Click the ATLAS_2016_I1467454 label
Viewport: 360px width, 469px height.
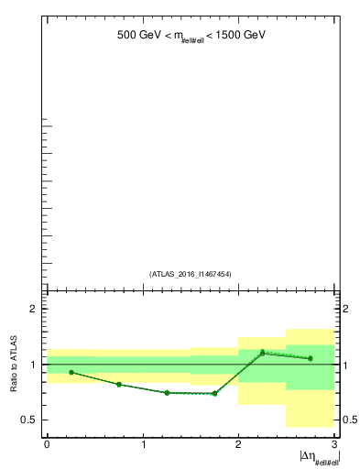pyautogui.click(x=191, y=274)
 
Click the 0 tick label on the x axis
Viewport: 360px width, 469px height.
pyautogui.click(x=47, y=445)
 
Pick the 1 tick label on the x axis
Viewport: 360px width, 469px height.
pyautogui.click(x=143, y=445)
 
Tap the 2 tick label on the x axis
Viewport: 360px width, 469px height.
pyautogui.click(x=238, y=445)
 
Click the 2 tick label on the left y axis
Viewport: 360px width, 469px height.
pyautogui.click(x=34, y=309)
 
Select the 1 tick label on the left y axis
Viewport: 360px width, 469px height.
pyautogui.click(x=34, y=365)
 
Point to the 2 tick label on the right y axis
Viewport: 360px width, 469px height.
pyautogui.click(x=347, y=309)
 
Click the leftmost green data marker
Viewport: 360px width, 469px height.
pyautogui.click(x=71, y=372)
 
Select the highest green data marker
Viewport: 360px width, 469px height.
pyautogui.click(x=263, y=353)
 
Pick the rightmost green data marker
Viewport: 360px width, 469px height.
pyautogui.click(x=311, y=358)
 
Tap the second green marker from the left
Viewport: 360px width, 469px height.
pyautogui.click(x=119, y=385)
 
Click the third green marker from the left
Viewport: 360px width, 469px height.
pyautogui.click(x=167, y=392)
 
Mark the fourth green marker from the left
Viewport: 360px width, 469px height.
pyautogui.click(x=214, y=393)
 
